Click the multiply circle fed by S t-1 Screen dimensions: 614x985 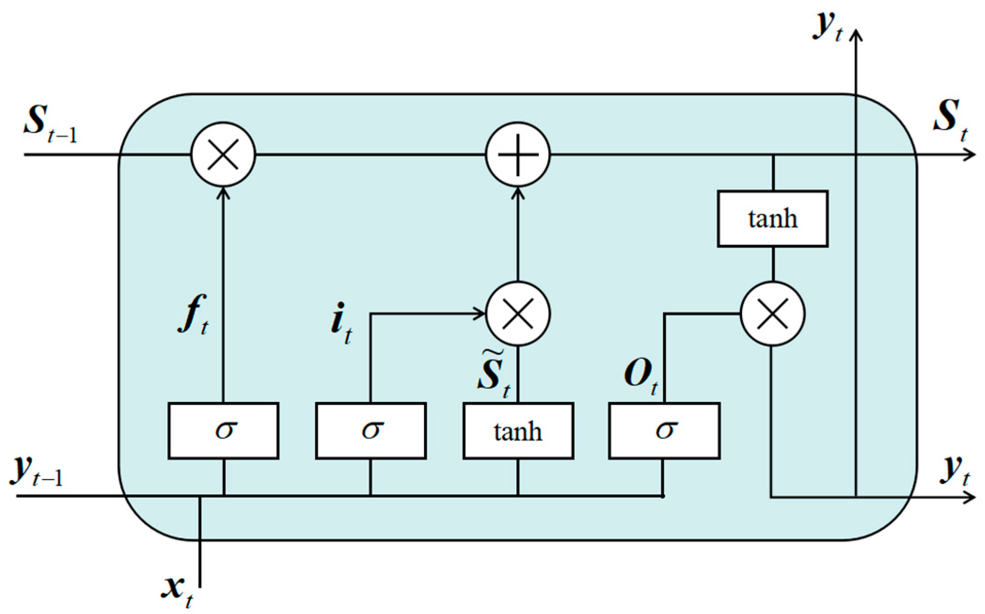click(223, 155)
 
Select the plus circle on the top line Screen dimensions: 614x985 click(518, 155)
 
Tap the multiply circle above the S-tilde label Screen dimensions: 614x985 click(518, 314)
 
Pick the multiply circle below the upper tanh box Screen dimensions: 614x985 click(772, 314)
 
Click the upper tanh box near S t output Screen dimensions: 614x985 click(772, 219)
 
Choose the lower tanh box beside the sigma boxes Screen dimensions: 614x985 click(518, 431)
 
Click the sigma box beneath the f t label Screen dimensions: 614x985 click(223, 431)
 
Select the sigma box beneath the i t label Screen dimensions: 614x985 click(370, 431)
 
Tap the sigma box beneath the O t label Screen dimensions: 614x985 click(664, 431)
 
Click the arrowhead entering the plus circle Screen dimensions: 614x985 click(518, 193)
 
